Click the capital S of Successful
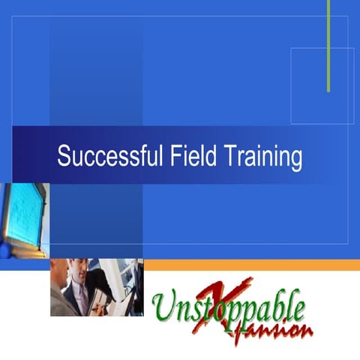click(x=64, y=158)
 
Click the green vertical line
click(x=328, y=45)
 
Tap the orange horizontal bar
click(x=251, y=265)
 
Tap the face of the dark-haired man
click(x=79, y=271)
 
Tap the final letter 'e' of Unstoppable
click(x=298, y=308)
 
